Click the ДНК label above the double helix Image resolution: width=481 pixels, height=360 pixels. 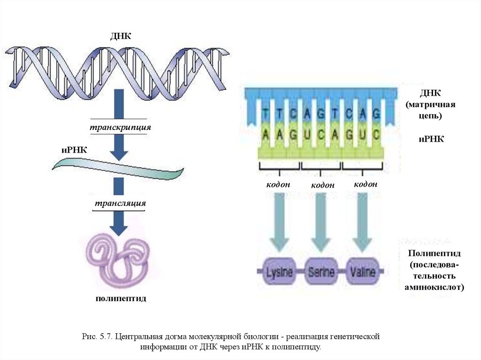120,37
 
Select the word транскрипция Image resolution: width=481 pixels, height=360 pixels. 121,127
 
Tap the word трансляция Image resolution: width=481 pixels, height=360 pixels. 121,204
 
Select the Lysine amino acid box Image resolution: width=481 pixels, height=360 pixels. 279,272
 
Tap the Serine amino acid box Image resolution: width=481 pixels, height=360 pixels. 321,272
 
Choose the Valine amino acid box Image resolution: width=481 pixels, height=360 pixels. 362,272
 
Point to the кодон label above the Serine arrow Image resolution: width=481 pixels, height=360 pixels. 323,185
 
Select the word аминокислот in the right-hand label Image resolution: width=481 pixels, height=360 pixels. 434,286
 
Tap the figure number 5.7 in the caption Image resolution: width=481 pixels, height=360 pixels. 106,337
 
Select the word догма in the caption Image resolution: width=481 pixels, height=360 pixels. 177,337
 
